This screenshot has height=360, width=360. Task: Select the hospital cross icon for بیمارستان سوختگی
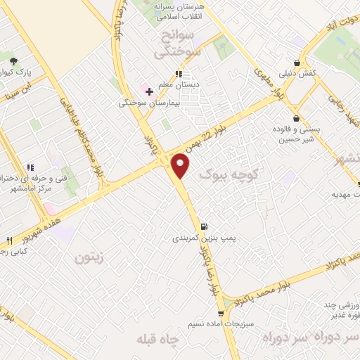pyautogui.click(x=149, y=91)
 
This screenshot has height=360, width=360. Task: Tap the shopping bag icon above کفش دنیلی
pyautogui.click(x=303, y=62)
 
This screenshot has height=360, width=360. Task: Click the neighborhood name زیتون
pyautogui.click(x=89, y=257)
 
